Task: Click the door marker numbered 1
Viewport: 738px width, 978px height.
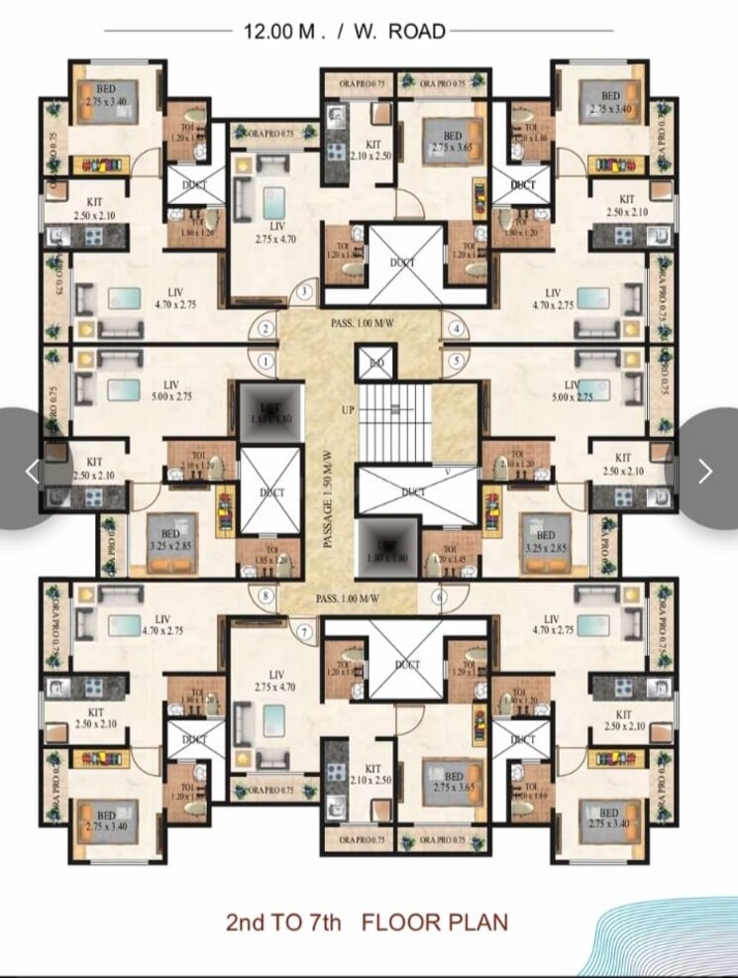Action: click(x=265, y=361)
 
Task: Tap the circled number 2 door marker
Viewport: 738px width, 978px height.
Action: click(x=265, y=329)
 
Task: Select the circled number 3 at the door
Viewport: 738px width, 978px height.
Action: click(x=305, y=291)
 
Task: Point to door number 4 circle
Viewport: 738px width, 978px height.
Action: click(x=457, y=329)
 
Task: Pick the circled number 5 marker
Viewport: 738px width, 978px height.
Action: click(x=457, y=361)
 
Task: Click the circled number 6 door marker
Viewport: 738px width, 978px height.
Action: click(x=438, y=597)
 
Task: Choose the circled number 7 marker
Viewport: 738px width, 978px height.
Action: click(x=305, y=631)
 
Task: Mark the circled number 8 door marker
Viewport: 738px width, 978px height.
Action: click(x=265, y=597)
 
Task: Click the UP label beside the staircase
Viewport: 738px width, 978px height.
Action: click(x=348, y=408)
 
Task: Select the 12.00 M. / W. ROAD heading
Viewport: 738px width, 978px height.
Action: click(x=345, y=31)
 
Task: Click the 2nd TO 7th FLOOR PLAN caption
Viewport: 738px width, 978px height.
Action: click(x=368, y=923)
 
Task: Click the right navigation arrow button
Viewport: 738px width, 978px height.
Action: click(x=705, y=470)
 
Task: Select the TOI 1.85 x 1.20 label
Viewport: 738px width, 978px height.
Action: click(x=271, y=555)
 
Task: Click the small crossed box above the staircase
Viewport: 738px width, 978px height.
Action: click(x=375, y=363)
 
